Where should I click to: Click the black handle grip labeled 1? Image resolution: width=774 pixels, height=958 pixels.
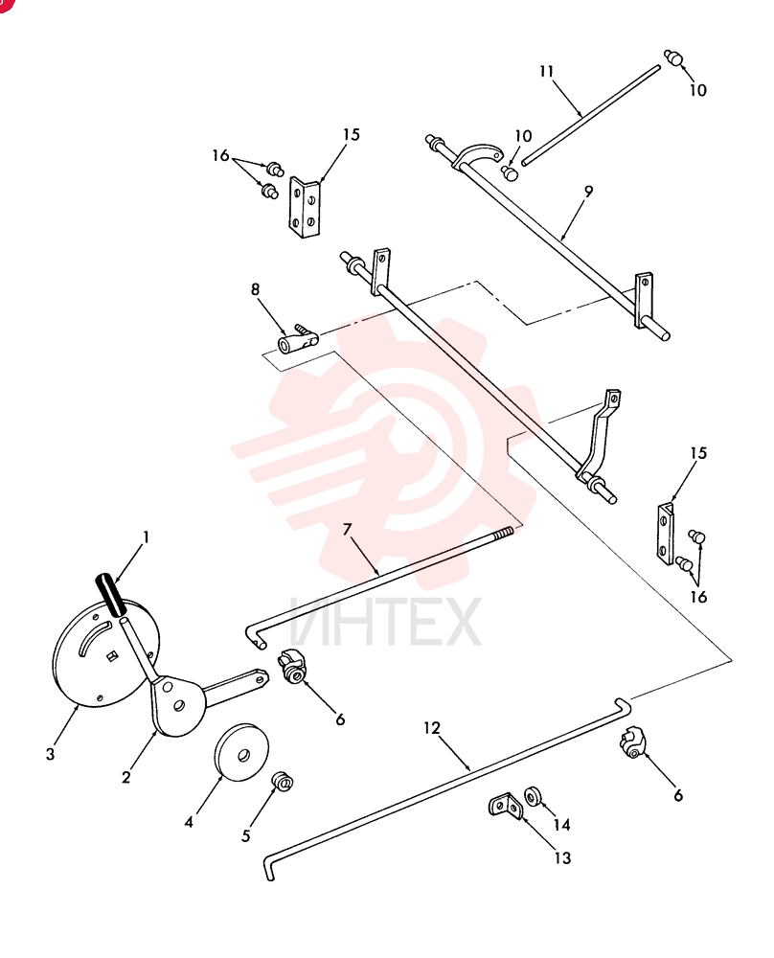pos(110,595)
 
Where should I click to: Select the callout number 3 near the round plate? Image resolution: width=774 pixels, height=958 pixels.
pos(50,754)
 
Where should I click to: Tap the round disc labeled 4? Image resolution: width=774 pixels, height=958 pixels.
pos(240,752)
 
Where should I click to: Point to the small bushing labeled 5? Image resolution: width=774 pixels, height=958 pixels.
pos(283,781)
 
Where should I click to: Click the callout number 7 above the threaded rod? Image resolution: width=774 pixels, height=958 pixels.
pos(347,529)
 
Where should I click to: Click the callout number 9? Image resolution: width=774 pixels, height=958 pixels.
pos(588,192)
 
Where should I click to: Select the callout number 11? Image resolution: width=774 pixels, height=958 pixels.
pos(546,72)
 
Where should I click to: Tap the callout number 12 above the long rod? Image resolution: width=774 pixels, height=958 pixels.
pos(431,728)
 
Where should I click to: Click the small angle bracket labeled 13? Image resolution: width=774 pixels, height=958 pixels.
pos(505,807)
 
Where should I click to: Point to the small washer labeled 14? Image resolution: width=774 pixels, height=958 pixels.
pos(533,796)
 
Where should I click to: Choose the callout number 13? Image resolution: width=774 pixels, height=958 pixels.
pos(562,857)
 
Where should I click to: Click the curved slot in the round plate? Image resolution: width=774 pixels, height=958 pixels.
pos(94,636)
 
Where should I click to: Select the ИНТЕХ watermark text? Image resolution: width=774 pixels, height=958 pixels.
pos(385,623)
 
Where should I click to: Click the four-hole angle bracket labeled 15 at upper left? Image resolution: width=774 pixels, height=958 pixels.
pos(304,208)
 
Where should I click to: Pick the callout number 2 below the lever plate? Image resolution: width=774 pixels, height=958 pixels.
pos(125,777)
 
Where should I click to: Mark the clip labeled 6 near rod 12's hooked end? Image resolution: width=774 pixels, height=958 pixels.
pos(631,742)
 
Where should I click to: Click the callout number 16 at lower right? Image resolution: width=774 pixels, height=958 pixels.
pos(698,596)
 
